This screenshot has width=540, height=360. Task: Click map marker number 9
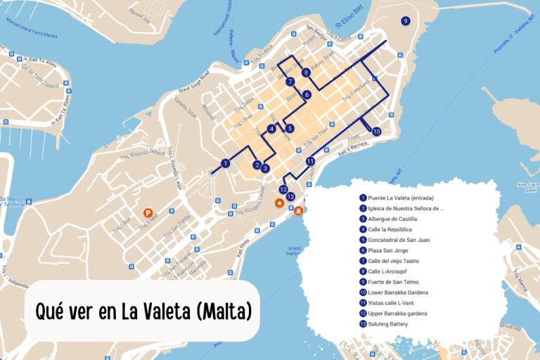[405, 21]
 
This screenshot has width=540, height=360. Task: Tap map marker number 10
[376, 131]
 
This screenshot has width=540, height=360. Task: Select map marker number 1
[225, 163]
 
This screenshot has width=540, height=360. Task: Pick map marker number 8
[306, 72]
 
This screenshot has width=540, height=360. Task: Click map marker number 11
[310, 161]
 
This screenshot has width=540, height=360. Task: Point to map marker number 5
[290, 129]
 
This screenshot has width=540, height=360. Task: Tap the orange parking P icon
[148, 212]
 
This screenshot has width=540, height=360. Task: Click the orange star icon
[279, 203]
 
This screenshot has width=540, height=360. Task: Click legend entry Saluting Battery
[387, 323]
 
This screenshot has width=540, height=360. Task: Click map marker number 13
[290, 197]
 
